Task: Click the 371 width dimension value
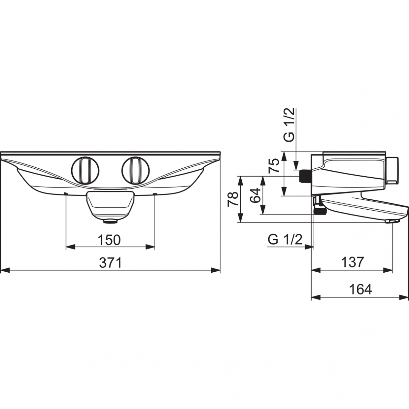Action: click(111, 263)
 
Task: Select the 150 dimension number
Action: click(109, 240)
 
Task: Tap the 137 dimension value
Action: click(353, 262)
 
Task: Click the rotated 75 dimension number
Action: click(274, 165)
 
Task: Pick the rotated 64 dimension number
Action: click(255, 195)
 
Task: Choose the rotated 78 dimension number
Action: click(233, 199)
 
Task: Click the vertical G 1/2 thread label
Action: click(289, 125)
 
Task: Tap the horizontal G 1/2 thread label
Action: click(285, 240)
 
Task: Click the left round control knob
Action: click(85, 171)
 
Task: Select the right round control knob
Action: click(136, 171)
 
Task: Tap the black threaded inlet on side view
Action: click(305, 176)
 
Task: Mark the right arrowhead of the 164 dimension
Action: click(404, 297)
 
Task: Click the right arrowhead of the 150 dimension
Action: click(150, 247)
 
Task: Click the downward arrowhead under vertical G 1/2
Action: click(296, 165)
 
